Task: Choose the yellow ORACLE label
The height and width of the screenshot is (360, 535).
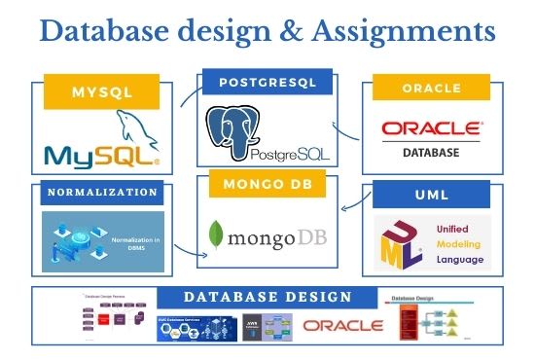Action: coord(431,90)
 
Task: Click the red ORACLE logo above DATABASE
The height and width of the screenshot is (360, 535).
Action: coord(431,127)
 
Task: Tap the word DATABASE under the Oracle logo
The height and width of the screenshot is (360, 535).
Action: coord(431,152)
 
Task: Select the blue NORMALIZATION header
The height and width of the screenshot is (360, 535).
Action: coord(102,193)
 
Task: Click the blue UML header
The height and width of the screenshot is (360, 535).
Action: coord(431,196)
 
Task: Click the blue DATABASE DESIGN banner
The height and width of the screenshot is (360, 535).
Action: coord(267,297)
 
